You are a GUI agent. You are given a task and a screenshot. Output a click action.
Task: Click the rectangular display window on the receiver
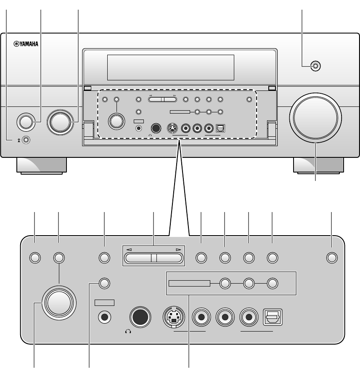point(171,67)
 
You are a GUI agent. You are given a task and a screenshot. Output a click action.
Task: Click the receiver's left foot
point(41,165)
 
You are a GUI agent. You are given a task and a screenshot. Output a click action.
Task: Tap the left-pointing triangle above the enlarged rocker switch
point(129,250)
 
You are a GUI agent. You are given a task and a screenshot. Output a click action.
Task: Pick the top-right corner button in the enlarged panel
point(332,258)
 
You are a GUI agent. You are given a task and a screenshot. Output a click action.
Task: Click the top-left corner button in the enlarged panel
point(35,258)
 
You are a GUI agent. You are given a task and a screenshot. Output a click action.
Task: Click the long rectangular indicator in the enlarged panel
point(189,284)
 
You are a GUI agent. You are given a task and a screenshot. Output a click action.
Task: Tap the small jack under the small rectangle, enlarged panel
point(105,318)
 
